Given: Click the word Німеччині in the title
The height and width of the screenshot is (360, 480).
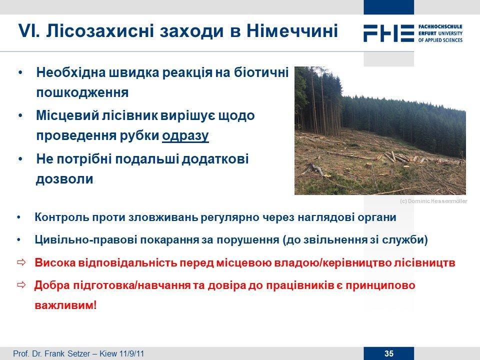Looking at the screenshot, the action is [292, 31].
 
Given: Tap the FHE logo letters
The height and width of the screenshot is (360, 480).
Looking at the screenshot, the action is [389, 33].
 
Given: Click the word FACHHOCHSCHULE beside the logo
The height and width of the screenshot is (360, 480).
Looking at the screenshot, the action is [440, 26].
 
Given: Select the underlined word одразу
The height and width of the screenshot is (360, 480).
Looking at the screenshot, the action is [185, 135].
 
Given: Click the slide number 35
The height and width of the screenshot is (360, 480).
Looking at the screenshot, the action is [389, 353].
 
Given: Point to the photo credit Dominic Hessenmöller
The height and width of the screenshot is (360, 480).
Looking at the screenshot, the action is [437, 201].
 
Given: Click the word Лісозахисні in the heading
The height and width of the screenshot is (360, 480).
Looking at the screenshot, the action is [99, 31].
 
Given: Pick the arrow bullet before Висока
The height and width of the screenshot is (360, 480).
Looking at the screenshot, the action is [21, 262].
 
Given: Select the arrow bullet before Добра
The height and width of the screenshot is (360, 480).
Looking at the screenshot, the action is [21, 285].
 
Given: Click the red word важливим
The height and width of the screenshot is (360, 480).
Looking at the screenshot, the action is [64, 305].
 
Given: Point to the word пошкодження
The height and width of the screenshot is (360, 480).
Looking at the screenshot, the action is [82, 92].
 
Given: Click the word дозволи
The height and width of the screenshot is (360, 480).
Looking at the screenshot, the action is [64, 179].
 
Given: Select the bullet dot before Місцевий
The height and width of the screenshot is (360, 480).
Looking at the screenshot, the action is [20, 116].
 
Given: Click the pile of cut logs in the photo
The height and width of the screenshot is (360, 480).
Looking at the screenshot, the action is [398, 157].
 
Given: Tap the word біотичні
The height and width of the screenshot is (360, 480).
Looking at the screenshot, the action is [261, 72].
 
